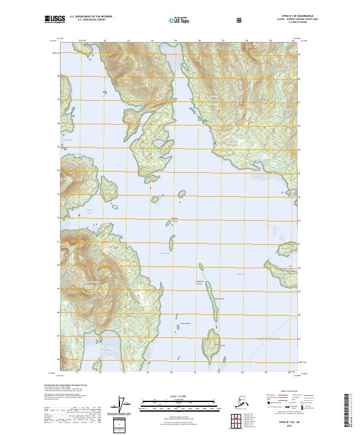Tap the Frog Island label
point(220,298)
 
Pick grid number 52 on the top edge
point(105,40)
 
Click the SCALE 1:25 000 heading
point(179,396)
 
